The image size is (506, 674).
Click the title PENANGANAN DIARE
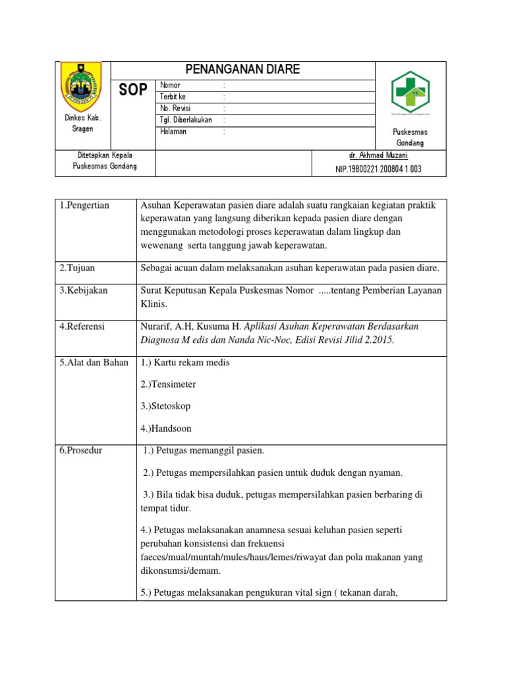tap(242, 70)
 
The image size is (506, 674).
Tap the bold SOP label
tap(133, 90)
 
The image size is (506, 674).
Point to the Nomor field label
tap(170, 86)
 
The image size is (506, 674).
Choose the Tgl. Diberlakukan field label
tap(186, 120)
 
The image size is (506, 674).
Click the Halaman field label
tap(173, 132)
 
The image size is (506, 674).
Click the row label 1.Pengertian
tap(84, 205)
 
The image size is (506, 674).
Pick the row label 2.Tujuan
tap(77, 268)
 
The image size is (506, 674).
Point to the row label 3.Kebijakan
tap(84, 290)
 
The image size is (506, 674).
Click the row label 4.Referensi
tap(82, 326)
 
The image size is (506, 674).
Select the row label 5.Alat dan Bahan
tap(94, 363)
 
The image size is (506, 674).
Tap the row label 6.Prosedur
tap(82, 450)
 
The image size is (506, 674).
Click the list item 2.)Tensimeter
tap(168, 384)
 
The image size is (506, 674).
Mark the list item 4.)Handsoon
tap(166, 428)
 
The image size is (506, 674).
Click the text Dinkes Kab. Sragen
tap(82, 123)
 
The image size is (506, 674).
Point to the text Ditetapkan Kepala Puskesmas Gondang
tap(105, 161)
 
